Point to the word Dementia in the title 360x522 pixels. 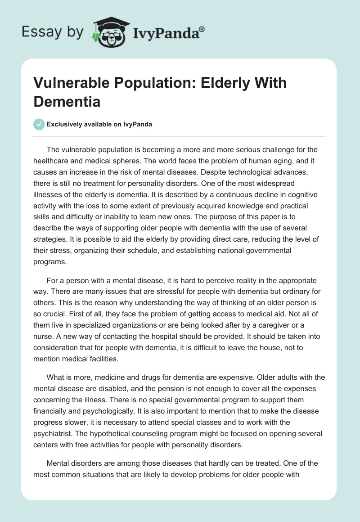[66, 101]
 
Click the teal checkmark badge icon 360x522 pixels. [39, 124]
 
